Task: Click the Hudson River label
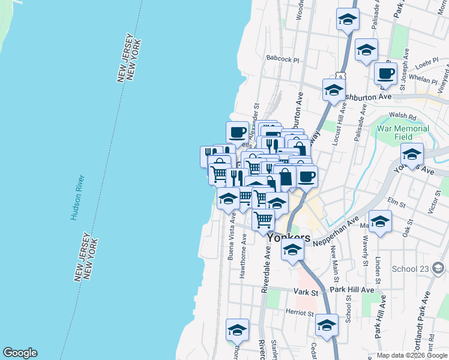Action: pyautogui.click(x=76, y=198)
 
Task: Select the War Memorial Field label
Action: pyautogui.click(x=403, y=133)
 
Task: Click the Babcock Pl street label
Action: pyautogui.click(x=282, y=59)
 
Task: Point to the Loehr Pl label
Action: pyautogui.click(x=427, y=62)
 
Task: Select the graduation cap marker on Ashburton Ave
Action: pyautogui.click(x=334, y=90)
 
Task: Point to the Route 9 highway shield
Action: pyautogui.click(x=340, y=77)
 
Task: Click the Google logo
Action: pyautogui.click(x=20, y=353)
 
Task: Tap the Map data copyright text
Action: pyautogui.click(x=412, y=355)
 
